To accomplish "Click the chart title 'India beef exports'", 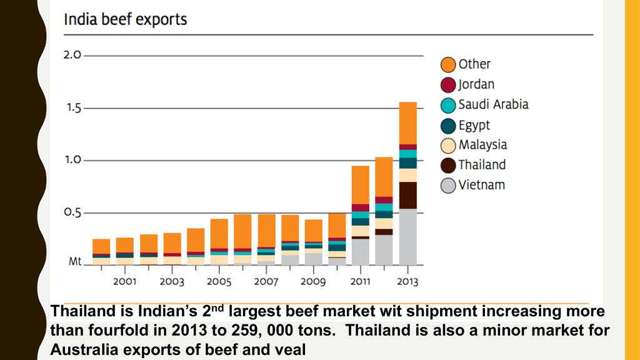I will (x=125, y=19).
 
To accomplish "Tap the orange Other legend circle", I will (x=447, y=64).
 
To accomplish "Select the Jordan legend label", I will (x=476, y=84).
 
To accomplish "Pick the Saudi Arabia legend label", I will (x=493, y=104).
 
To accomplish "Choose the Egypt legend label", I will (x=474, y=125).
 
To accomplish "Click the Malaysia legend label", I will (x=482, y=145).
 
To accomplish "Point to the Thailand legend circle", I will (x=447, y=166).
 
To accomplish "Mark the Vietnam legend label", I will (x=481, y=185).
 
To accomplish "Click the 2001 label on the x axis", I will (x=124, y=282).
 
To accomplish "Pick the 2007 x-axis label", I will (x=266, y=282).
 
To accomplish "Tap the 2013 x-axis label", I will (x=407, y=282).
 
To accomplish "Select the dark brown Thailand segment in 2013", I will (x=407, y=195).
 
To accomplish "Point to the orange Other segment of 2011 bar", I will (x=360, y=184).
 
